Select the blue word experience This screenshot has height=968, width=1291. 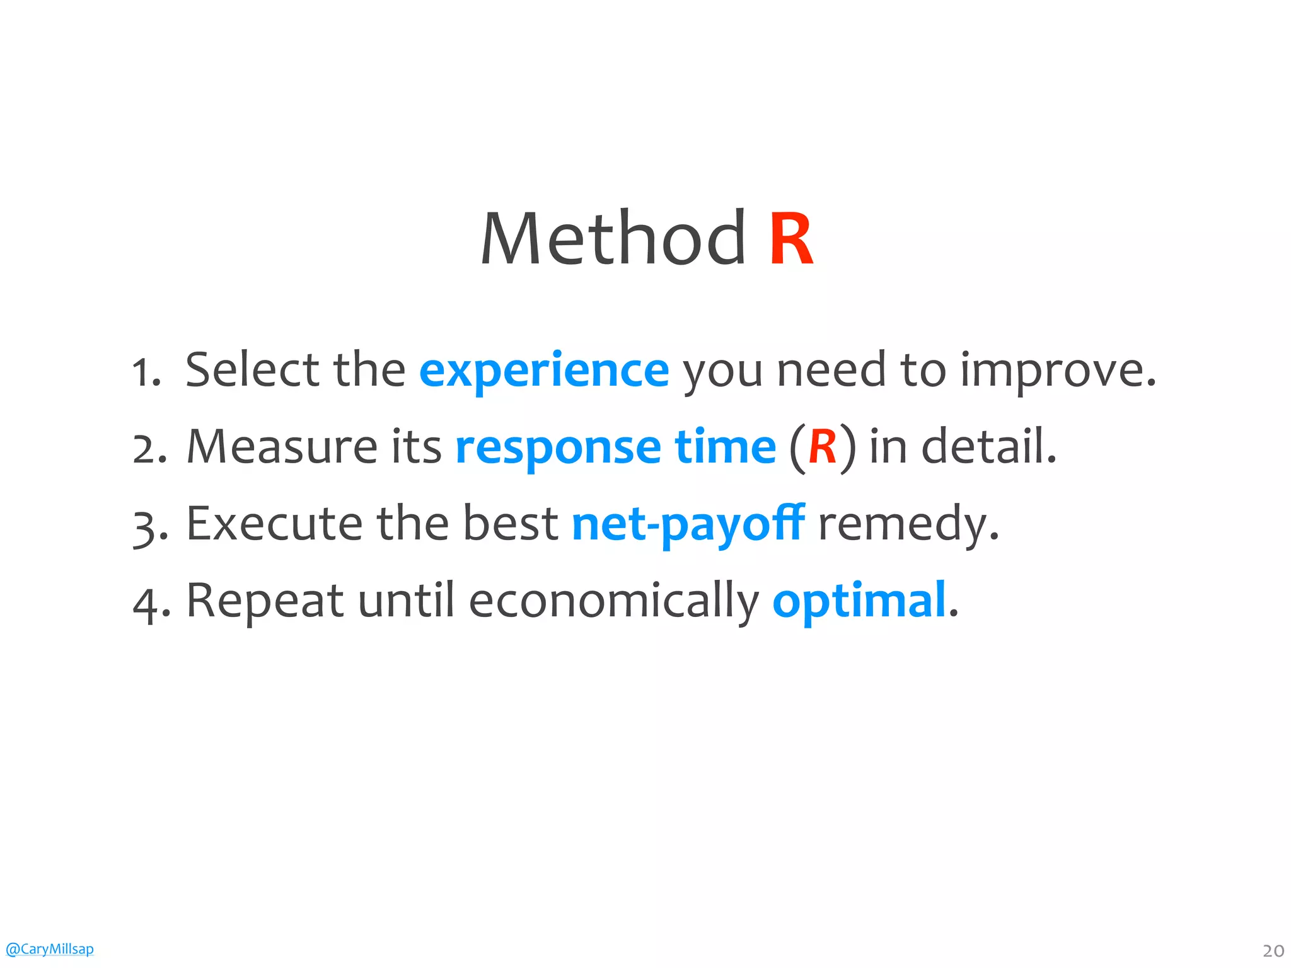(x=544, y=371)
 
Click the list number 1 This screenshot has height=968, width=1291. (x=143, y=372)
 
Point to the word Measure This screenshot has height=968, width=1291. (x=281, y=446)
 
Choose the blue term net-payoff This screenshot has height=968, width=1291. (x=688, y=524)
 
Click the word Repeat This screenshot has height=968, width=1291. (x=265, y=601)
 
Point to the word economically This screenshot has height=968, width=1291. (x=614, y=601)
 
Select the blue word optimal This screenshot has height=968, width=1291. (x=859, y=602)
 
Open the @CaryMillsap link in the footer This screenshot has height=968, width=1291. (x=49, y=949)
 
